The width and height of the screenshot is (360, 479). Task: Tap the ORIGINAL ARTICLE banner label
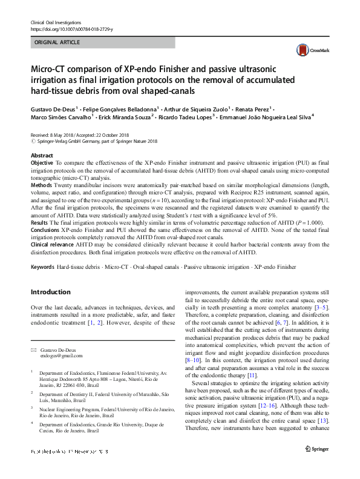click(x=57, y=43)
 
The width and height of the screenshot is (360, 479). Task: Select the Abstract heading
click(x=42, y=156)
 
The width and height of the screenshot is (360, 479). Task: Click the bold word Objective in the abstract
click(x=42, y=164)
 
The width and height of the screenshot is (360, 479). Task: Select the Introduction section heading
click(x=51, y=292)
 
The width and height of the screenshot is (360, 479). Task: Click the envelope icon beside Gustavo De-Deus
click(x=34, y=350)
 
